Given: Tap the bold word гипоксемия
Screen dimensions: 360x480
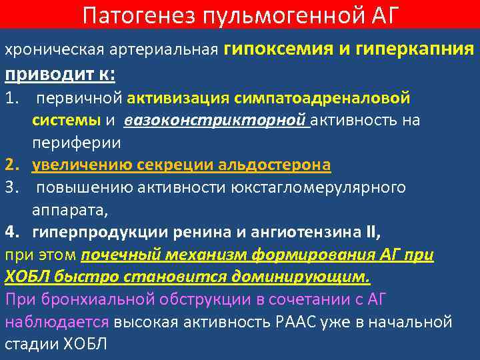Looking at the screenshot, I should (275, 49).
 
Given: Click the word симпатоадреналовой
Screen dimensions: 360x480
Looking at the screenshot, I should (322, 99).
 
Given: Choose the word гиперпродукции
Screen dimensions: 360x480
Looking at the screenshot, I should (86, 233).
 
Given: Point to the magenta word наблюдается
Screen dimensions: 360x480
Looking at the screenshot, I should (57, 322).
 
